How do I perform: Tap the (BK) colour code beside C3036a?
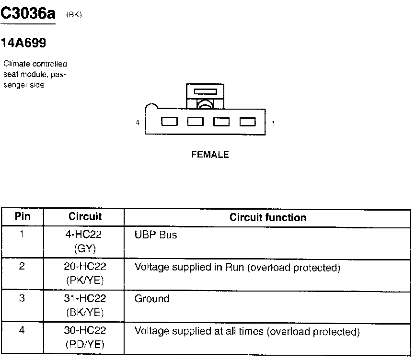pyautogui.click(x=74, y=15)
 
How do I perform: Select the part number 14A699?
pyautogui.click(x=23, y=44)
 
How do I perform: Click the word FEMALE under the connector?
pyautogui.click(x=210, y=155)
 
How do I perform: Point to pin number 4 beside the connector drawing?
pyautogui.click(x=138, y=123)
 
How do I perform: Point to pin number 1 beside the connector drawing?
pyautogui.click(x=273, y=124)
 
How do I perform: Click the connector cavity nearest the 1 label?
pyautogui.click(x=248, y=122)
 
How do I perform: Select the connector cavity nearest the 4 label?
pyautogui.click(x=169, y=122)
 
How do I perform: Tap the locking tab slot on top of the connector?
pyautogui.click(x=205, y=91)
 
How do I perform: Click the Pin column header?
pyautogui.click(x=23, y=216)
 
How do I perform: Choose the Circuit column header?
pyautogui.click(x=85, y=216)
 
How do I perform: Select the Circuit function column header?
pyautogui.click(x=267, y=217)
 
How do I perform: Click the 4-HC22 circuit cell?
pyautogui.click(x=85, y=235)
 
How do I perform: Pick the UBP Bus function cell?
pyautogui.click(x=156, y=235)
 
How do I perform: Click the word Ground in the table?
pyautogui.click(x=152, y=299)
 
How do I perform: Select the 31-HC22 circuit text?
pyautogui.click(x=85, y=299)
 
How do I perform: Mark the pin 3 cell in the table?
pyautogui.click(x=22, y=298)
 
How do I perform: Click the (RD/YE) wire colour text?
pyautogui.click(x=85, y=344)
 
